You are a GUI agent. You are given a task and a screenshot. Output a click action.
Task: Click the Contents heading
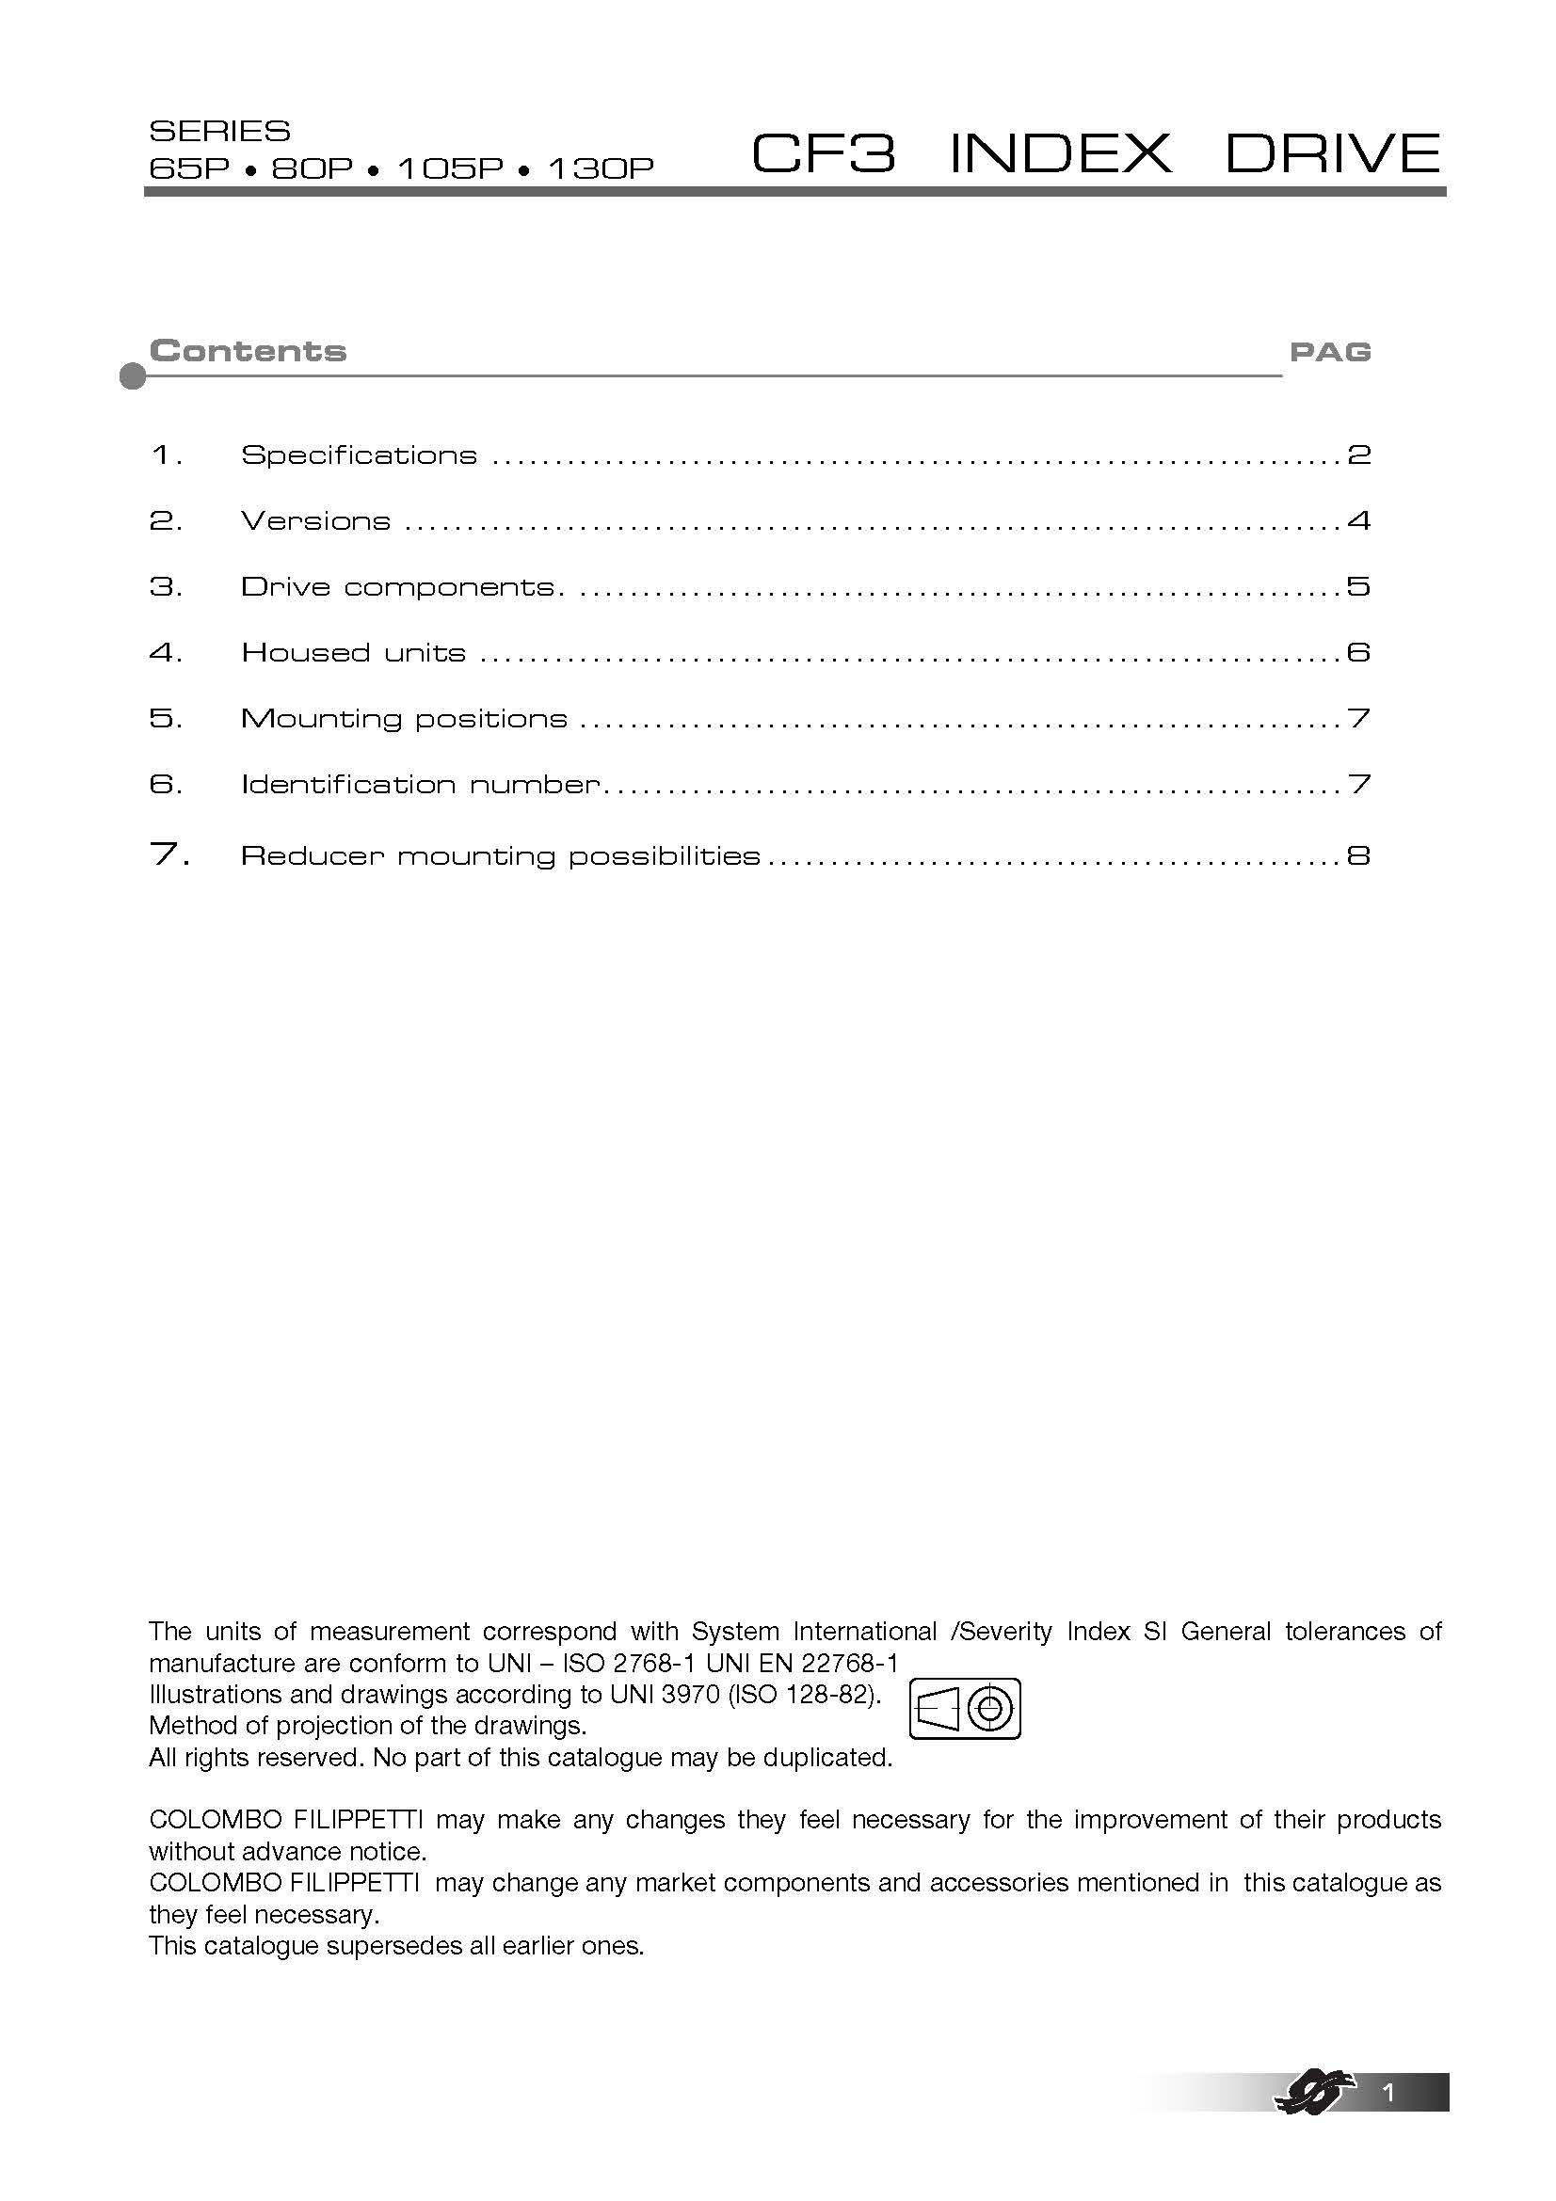click(x=248, y=351)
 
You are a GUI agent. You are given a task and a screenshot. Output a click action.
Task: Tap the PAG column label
click(x=1330, y=353)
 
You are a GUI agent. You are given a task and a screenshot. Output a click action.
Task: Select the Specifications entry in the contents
click(x=359, y=455)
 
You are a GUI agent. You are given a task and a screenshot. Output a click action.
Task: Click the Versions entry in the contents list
click(x=315, y=521)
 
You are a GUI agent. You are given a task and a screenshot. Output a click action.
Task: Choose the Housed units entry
click(x=353, y=653)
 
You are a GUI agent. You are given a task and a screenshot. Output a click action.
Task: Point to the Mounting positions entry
click(x=404, y=719)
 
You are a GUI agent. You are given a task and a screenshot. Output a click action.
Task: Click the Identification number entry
click(x=420, y=785)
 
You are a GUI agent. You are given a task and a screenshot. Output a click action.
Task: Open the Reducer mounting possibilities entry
click(x=500, y=856)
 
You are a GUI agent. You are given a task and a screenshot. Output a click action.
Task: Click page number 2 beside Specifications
click(x=1358, y=455)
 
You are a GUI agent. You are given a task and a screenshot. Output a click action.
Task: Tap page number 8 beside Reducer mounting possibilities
click(x=1358, y=856)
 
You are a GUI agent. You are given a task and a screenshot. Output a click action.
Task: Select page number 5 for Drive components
click(x=1358, y=586)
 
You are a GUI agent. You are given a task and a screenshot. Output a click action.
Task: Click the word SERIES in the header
click(x=219, y=132)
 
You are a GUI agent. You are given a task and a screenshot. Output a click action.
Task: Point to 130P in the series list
click(x=601, y=168)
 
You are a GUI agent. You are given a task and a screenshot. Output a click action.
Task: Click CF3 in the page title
click(x=824, y=153)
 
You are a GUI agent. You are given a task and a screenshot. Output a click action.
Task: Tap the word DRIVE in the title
click(x=1333, y=153)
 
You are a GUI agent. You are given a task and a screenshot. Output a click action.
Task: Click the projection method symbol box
click(x=965, y=1709)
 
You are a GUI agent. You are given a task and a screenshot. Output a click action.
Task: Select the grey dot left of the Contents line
click(x=134, y=376)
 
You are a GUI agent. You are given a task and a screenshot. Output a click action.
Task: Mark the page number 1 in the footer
click(x=1389, y=2093)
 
